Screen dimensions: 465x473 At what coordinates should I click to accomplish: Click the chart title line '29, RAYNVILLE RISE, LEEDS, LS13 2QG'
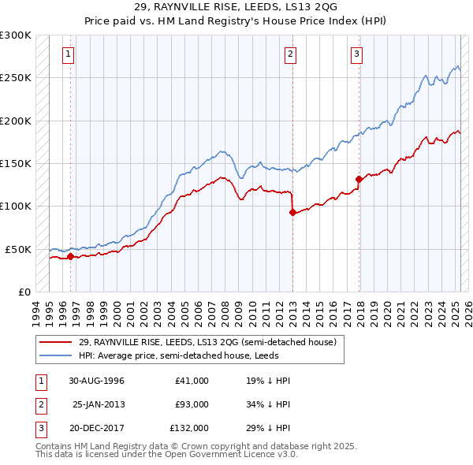click(x=236, y=7)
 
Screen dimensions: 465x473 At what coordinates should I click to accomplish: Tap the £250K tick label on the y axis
click(x=16, y=78)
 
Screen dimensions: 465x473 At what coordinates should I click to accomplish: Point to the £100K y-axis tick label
click(x=16, y=206)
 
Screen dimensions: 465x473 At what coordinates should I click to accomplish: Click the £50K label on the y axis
click(x=19, y=249)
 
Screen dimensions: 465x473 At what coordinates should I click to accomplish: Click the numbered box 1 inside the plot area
click(x=69, y=54)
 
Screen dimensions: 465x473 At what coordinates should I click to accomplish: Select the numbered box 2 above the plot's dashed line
click(x=291, y=54)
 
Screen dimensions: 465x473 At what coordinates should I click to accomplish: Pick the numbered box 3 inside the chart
click(x=357, y=54)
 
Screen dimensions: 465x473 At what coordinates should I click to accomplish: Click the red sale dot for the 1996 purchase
click(x=70, y=256)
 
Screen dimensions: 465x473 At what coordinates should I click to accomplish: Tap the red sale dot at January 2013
click(x=292, y=212)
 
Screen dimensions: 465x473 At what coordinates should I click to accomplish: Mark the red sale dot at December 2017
click(x=359, y=179)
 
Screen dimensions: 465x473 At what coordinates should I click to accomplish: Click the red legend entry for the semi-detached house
click(x=207, y=342)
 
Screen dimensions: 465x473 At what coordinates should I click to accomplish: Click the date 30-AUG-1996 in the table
click(x=97, y=381)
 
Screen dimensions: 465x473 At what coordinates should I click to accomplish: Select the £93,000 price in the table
click(x=192, y=404)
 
